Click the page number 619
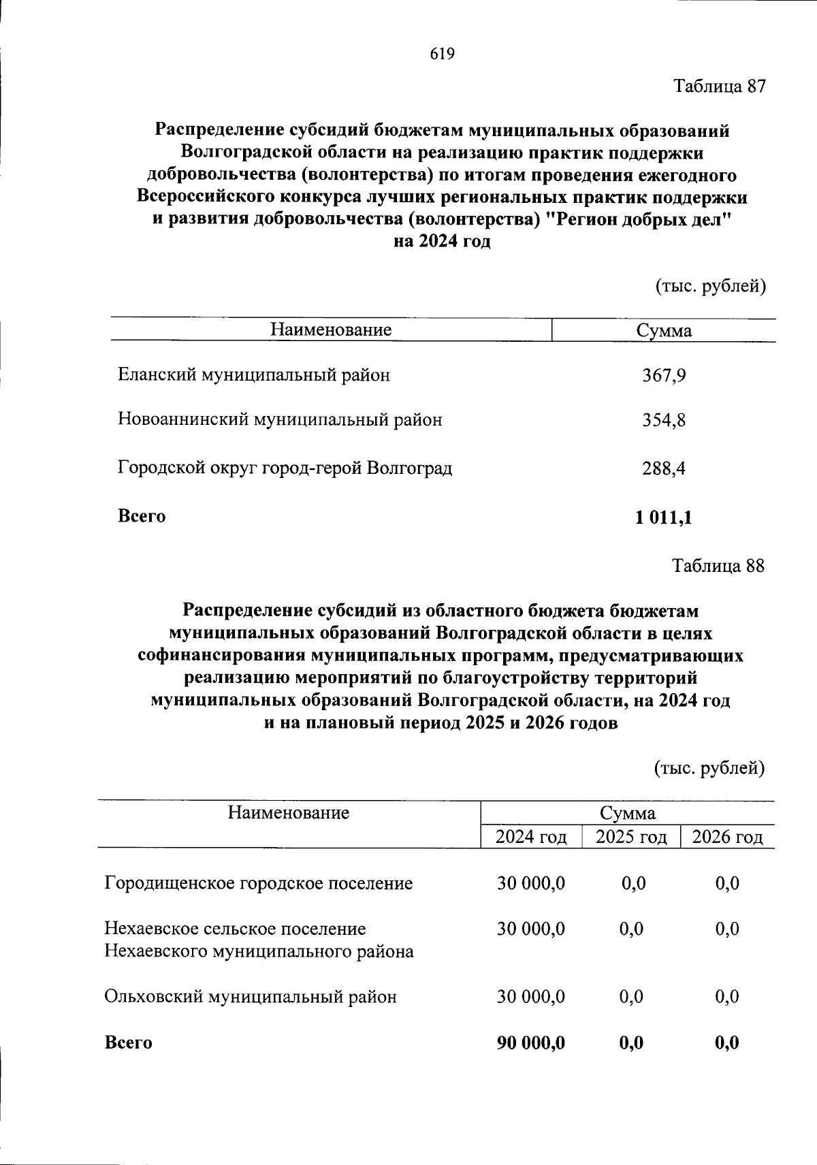tap(443, 54)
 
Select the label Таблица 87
tap(720, 86)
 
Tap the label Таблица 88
tap(718, 566)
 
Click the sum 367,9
tap(664, 376)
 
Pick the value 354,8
tap(664, 421)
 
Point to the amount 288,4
tap(664, 468)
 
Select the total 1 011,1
tap(664, 517)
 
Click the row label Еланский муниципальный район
tap(254, 374)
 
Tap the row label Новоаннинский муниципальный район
tap(280, 419)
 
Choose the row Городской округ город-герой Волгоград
tap(285, 468)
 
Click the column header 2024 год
tap(531, 837)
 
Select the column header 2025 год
tap(631, 837)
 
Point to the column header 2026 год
tap(727, 837)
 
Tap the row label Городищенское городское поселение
tap(259, 884)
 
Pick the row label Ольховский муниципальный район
tap(250, 998)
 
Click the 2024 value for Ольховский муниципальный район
tap(531, 998)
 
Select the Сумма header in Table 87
tap(664, 331)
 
